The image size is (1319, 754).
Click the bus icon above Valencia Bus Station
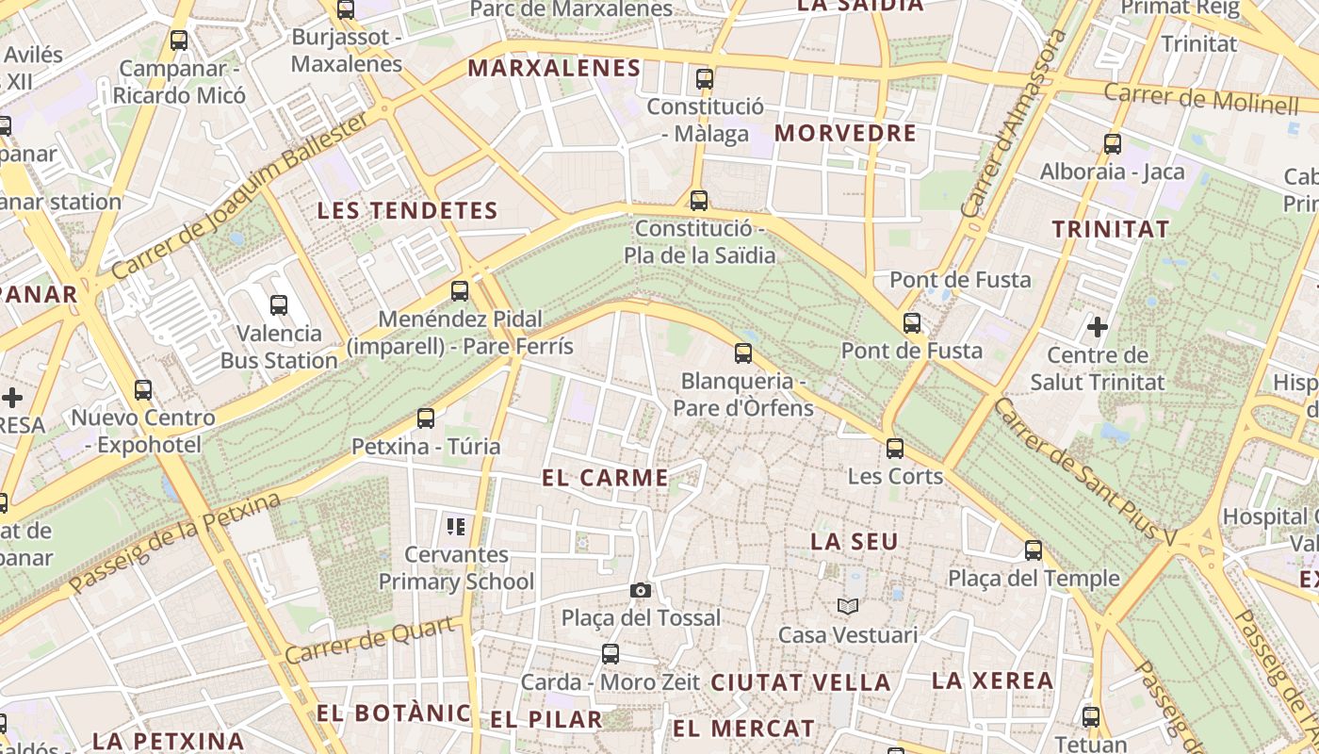tap(279, 305)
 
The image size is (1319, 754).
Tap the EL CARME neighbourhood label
tap(605, 478)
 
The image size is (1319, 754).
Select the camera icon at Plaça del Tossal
tap(641, 590)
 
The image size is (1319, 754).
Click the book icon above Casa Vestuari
tap(848, 606)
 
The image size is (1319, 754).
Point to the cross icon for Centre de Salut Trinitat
tap(1098, 327)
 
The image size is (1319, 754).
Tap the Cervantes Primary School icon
tap(457, 526)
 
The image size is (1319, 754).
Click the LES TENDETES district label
tap(407, 210)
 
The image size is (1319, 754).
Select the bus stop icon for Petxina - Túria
tap(426, 418)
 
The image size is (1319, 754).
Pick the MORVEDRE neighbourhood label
tap(845, 133)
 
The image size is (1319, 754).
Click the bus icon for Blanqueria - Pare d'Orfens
tap(743, 353)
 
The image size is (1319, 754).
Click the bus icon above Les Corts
tap(895, 448)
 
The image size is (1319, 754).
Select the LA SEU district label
tap(855, 541)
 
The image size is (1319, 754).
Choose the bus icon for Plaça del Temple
tap(1034, 550)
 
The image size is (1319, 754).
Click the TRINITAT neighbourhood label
tap(1110, 229)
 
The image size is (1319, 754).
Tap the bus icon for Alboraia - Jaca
tap(1113, 144)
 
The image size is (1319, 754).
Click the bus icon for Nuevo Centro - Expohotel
tap(143, 389)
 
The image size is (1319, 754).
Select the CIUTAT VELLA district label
tap(800, 681)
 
